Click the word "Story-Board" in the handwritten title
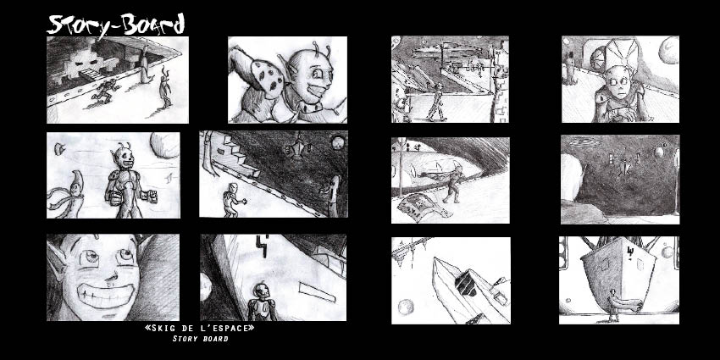click(x=116, y=25)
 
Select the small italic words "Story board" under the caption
click(x=200, y=339)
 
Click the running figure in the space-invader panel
click(x=105, y=91)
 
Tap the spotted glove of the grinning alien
click(x=266, y=75)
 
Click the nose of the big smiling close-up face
click(x=110, y=274)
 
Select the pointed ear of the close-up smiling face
click(x=55, y=264)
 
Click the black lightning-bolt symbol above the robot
click(x=263, y=242)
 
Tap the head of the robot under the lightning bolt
click(x=261, y=291)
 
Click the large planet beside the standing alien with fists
click(x=165, y=145)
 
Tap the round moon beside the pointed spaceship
click(x=406, y=307)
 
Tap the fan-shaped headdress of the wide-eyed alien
click(x=620, y=52)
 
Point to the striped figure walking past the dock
click(x=437, y=103)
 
